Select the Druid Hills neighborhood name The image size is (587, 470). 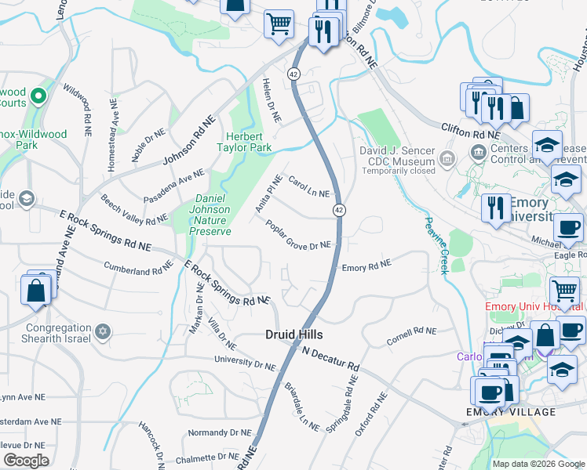(293, 334)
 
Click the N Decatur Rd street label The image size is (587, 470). (330, 359)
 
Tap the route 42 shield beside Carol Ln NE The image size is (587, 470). (338, 210)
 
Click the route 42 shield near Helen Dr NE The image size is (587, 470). (293, 74)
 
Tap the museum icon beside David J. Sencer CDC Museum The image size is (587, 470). (447, 160)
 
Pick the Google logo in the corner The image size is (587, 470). (26, 460)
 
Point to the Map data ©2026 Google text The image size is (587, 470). (538, 464)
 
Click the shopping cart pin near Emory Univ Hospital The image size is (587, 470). (564, 290)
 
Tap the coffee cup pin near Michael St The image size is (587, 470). (568, 228)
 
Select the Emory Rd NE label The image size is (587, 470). (366, 267)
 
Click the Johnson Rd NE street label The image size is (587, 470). (188, 141)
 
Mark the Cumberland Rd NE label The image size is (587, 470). (138, 267)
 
